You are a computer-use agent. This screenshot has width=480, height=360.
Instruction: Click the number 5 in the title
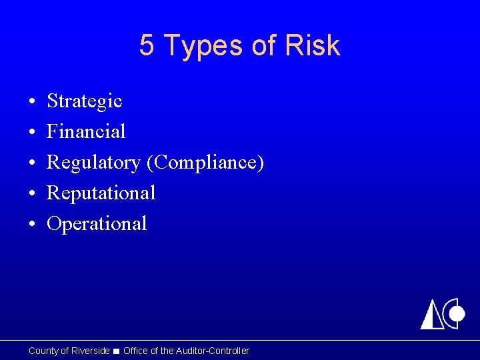(x=147, y=46)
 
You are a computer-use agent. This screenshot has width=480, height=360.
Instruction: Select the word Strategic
(x=85, y=101)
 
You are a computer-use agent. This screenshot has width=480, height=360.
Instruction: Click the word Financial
(x=86, y=131)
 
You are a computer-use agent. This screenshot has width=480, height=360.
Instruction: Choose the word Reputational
(x=101, y=193)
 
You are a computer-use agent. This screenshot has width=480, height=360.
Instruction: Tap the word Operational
(x=97, y=224)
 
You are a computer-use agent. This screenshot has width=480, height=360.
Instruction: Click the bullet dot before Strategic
(x=32, y=102)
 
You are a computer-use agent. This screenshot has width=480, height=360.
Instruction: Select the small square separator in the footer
(x=117, y=351)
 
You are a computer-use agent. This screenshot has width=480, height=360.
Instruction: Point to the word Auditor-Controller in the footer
(x=213, y=351)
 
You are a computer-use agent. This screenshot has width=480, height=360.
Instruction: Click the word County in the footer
(x=43, y=351)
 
